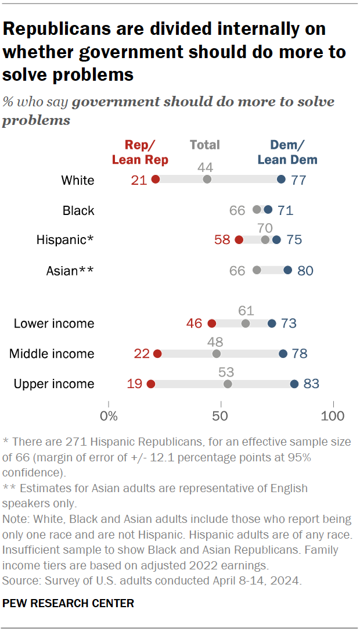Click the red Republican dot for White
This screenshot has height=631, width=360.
156,180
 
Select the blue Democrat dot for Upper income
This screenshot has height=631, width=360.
294,383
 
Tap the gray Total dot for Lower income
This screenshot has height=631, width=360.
246,324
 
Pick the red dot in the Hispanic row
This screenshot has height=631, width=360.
239,240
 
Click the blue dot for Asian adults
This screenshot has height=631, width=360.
288,270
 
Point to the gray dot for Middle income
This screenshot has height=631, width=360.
217,353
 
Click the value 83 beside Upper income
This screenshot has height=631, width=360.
311,383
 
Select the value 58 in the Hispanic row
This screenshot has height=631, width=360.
222,240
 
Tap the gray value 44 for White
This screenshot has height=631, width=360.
205,167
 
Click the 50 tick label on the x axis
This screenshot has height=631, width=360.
220,416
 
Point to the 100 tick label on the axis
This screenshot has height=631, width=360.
333,416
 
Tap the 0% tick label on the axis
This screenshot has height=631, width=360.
109,416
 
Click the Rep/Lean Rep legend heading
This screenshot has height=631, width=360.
140,152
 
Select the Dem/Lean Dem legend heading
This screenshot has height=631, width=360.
287,152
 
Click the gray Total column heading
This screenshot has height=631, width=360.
204,145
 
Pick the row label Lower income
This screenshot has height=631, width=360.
54,324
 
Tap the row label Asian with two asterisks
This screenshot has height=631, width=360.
70,270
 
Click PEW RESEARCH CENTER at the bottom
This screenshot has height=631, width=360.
69,604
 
